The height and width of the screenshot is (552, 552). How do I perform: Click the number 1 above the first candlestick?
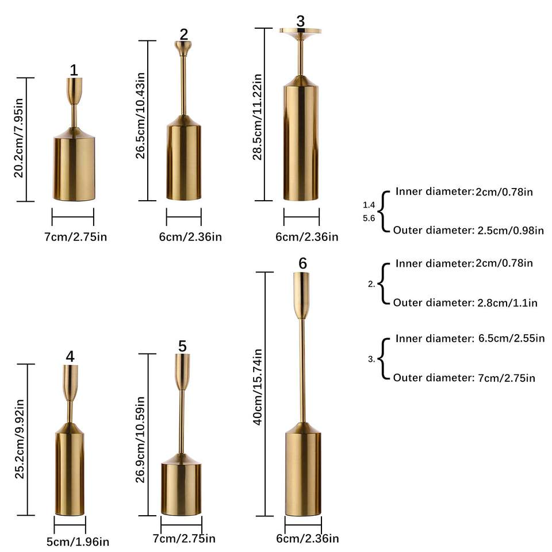[74, 70]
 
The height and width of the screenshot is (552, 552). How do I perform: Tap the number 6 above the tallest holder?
[302, 263]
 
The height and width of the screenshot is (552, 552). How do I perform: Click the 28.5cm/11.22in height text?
[258, 116]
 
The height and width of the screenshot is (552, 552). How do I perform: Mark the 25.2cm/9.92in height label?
[20, 440]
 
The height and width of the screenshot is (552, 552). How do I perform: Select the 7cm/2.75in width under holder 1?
[73, 236]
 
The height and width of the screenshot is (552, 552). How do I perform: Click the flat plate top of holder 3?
[300, 31]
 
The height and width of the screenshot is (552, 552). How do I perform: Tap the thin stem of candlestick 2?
[183, 86]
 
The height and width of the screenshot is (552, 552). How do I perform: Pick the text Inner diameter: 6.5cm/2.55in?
[470, 338]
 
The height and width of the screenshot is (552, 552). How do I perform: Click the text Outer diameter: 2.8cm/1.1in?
[465, 302]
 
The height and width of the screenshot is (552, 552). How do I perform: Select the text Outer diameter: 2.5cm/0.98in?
[469, 231]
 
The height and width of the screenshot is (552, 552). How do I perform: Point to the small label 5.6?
[369, 218]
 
